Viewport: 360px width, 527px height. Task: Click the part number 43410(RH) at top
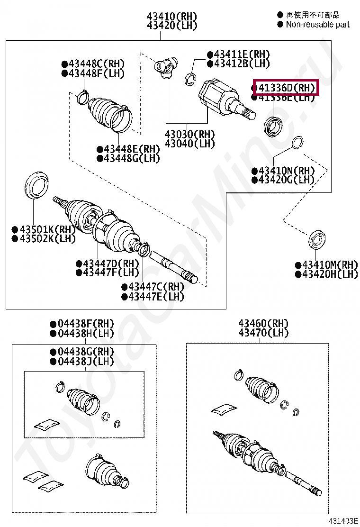coord(172,17)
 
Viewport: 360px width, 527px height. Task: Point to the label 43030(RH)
coord(189,134)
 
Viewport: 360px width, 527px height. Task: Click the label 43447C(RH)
coord(153,287)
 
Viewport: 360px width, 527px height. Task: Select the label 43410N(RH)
coord(283,171)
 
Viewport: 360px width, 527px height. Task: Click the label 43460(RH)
coord(263,324)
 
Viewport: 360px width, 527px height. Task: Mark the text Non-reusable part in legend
coord(317,24)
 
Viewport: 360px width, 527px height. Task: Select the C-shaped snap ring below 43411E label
coord(191,79)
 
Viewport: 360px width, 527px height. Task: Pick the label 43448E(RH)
coord(128,149)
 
